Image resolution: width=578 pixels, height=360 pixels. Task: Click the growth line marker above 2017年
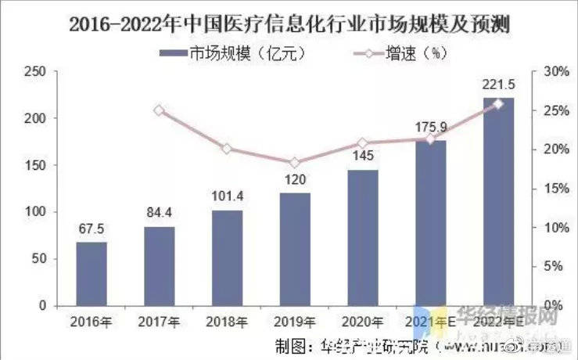(x=160, y=110)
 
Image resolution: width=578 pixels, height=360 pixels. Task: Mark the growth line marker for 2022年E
(x=499, y=103)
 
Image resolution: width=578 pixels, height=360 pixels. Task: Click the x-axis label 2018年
(x=228, y=322)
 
